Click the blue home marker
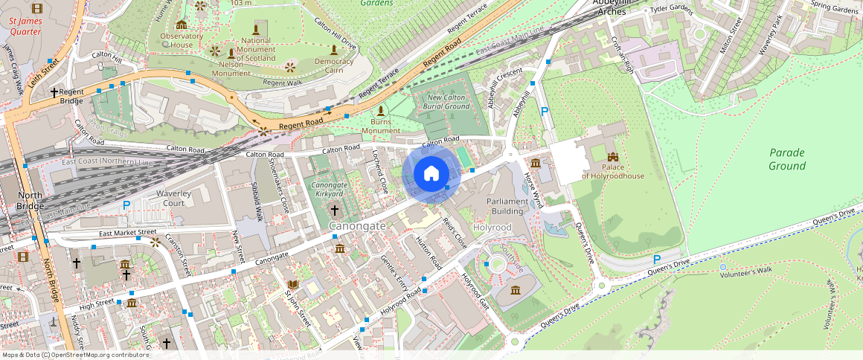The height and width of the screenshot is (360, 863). point(431,173)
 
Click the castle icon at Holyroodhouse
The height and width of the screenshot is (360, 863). point(613,157)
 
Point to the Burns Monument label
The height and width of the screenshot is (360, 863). point(381,126)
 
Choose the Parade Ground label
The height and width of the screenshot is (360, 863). point(787,158)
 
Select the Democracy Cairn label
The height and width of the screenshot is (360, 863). point(334,65)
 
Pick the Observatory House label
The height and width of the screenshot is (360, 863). point(182,40)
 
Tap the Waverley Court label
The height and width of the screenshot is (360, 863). point(169,198)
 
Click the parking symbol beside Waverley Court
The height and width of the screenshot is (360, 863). point(126,205)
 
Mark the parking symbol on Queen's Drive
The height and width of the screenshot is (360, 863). point(656,260)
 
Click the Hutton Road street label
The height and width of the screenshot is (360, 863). point(429,254)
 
